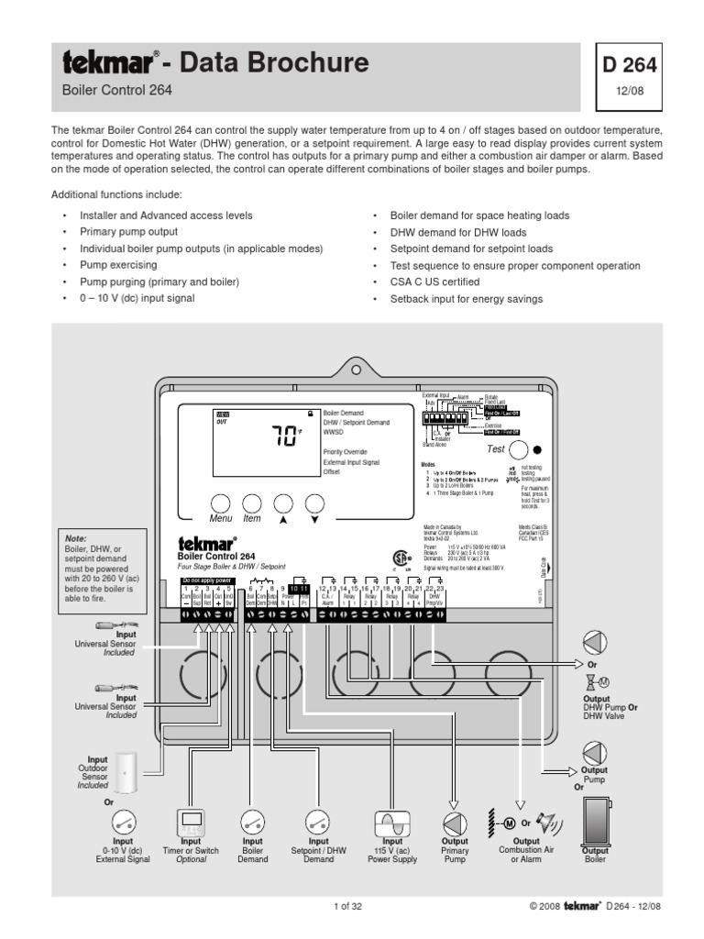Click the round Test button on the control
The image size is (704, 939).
(x=520, y=450)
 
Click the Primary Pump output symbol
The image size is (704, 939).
(x=455, y=823)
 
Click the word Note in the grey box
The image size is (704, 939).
(x=75, y=538)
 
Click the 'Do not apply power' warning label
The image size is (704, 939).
(x=208, y=606)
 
